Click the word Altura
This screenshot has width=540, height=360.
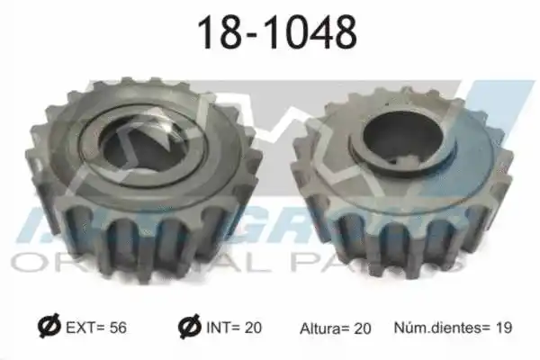point(319,328)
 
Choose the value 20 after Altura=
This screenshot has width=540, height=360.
point(363,328)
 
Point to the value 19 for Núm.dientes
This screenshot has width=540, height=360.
point(503,328)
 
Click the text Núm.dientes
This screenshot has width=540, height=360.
point(437,328)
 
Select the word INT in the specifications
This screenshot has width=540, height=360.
point(217,328)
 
